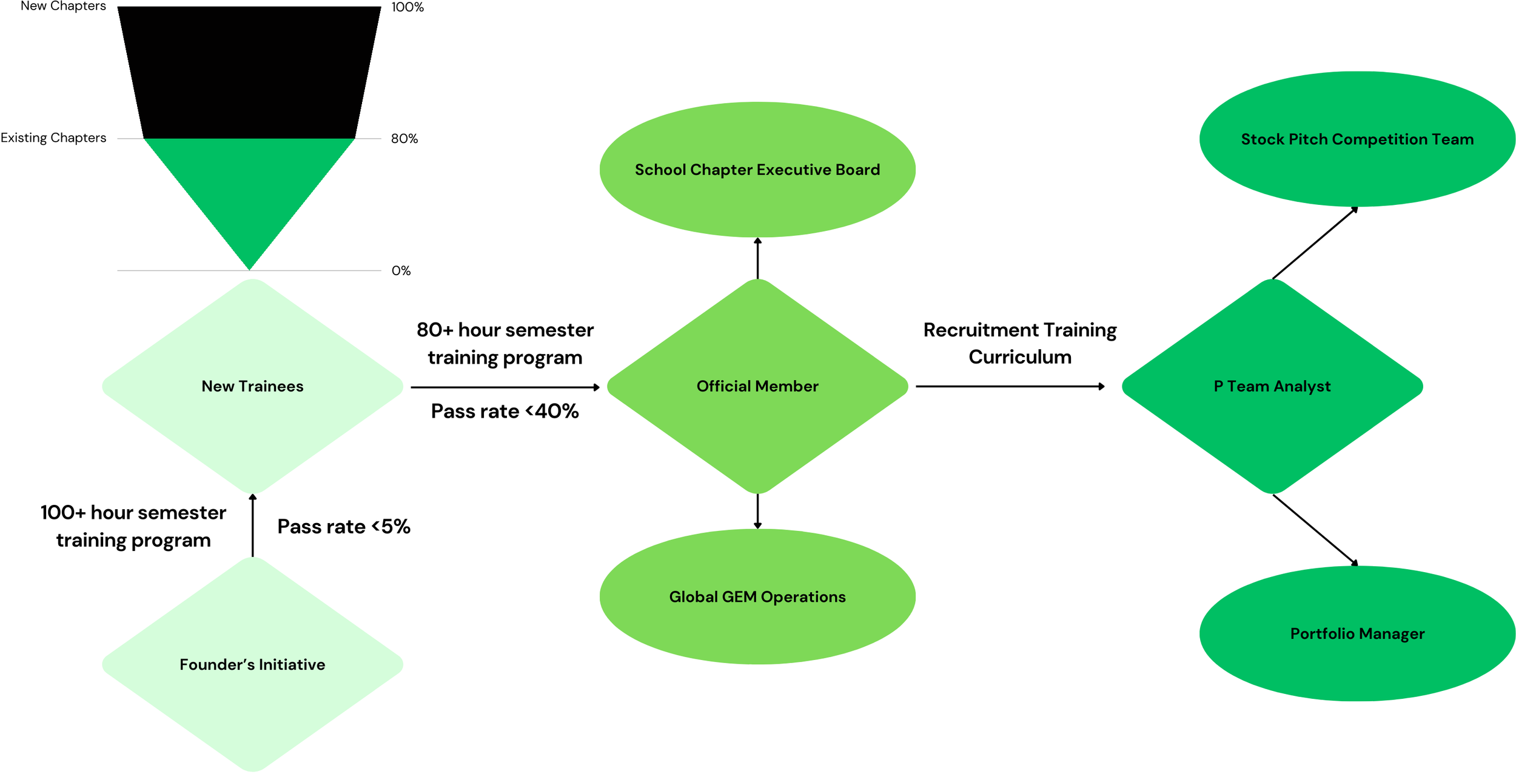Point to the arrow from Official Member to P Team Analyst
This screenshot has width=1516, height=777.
[x=1010, y=386]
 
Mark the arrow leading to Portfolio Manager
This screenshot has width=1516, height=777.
[x=1315, y=530]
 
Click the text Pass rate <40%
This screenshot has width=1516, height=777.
[x=505, y=412]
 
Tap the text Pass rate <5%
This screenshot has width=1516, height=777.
[x=344, y=526]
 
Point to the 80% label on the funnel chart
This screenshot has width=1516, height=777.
[x=404, y=139]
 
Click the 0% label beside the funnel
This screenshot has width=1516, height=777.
[x=401, y=270]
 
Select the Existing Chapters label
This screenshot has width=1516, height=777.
[x=53, y=138]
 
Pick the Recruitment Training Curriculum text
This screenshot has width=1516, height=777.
[x=1020, y=343]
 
